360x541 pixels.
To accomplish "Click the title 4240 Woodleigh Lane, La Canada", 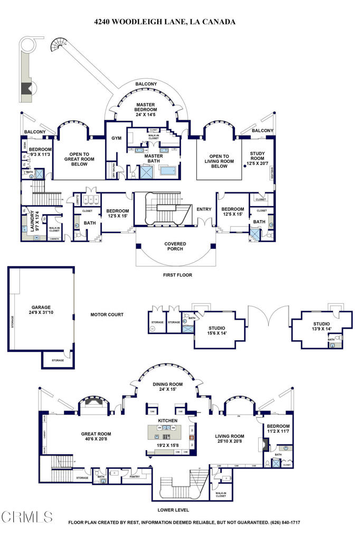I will (x=165, y=22).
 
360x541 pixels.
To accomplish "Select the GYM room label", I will (x=116, y=138).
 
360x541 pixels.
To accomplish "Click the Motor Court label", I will (x=107, y=314).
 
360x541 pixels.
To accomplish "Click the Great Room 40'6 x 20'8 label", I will (x=96, y=437).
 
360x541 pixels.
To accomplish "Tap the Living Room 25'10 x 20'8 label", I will (x=230, y=440).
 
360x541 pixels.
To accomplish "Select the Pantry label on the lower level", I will (x=134, y=477).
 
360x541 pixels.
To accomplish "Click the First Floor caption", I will (x=177, y=275).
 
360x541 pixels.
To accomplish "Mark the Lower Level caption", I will (x=173, y=510).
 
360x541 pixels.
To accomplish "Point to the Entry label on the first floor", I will (x=204, y=209).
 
